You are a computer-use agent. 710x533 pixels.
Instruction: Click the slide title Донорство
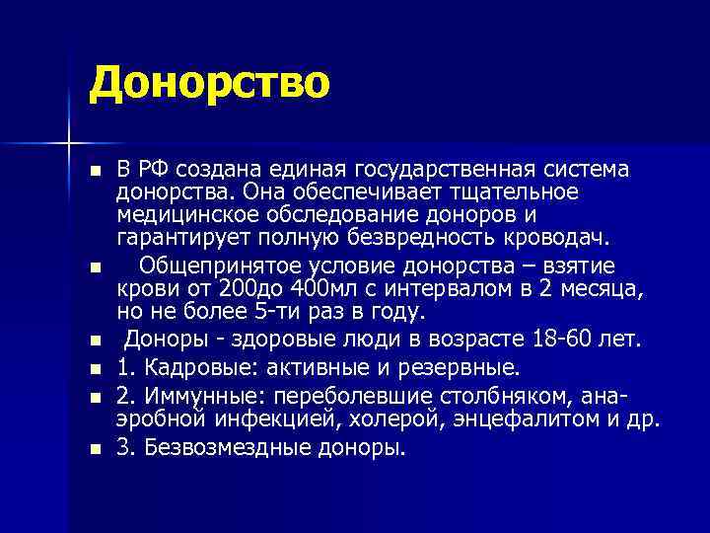pos(208,83)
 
